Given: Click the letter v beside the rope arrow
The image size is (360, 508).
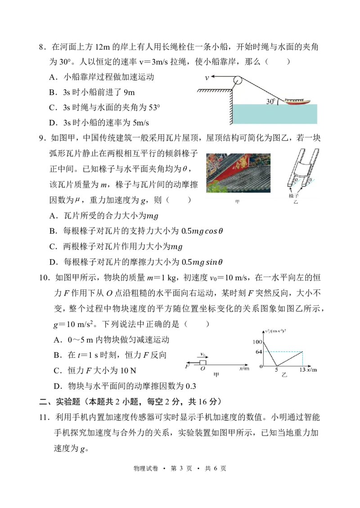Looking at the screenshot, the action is point(207,78).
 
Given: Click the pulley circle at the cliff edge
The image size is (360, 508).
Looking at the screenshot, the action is point(237,81).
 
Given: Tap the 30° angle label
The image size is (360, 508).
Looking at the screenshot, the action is point(270,102).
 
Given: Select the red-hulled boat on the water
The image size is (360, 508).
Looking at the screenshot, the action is point(295,101).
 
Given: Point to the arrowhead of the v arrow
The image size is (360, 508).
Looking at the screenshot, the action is point(213,77).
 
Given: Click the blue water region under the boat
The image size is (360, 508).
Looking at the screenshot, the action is point(274,114).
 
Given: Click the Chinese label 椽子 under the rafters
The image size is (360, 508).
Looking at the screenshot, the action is point(294,196).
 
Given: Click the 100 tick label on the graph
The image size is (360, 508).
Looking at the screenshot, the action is point(257,343).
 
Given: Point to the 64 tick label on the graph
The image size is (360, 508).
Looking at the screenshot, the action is point(259,352).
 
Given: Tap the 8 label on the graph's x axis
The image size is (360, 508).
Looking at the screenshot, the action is point(276,370).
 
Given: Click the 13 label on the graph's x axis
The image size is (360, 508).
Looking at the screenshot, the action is point(302,370).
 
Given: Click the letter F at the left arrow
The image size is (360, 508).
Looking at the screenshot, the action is point(186,365).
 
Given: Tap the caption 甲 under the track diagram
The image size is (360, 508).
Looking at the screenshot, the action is point(216,374).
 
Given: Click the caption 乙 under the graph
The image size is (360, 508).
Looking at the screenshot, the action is point(284,374).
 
